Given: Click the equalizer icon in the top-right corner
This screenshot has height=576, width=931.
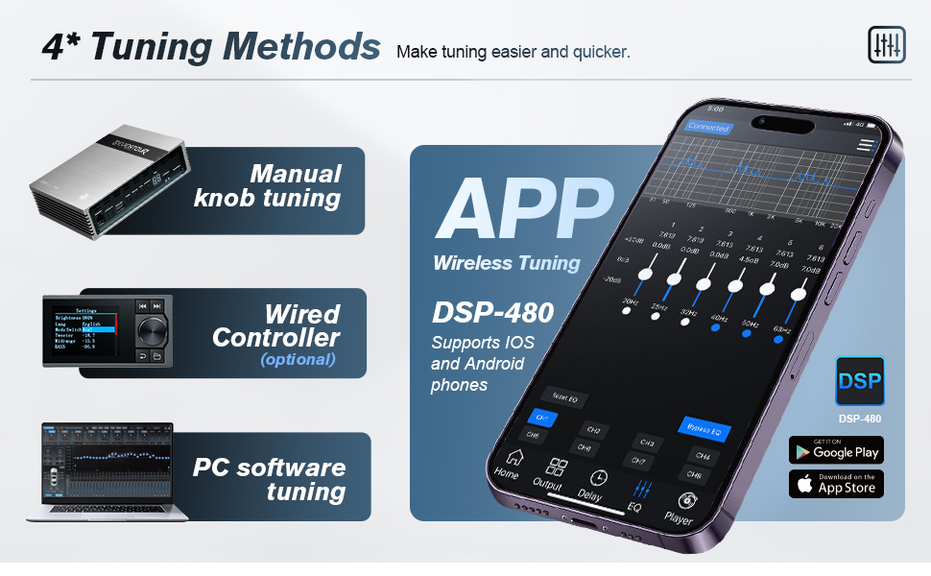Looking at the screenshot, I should (x=886, y=44).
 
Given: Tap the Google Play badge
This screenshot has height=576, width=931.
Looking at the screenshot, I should (x=836, y=450).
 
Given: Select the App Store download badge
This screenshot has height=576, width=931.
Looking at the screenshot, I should (x=836, y=484).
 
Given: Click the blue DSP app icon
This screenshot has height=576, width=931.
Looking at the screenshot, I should (x=859, y=381).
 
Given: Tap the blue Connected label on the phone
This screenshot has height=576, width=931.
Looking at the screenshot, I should (x=709, y=127).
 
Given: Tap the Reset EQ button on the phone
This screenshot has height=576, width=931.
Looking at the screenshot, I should (x=564, y=396).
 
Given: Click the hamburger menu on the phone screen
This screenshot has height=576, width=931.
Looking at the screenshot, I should (x=867, y=145).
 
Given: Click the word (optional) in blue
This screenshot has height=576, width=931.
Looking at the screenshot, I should (x=298, y=360).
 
